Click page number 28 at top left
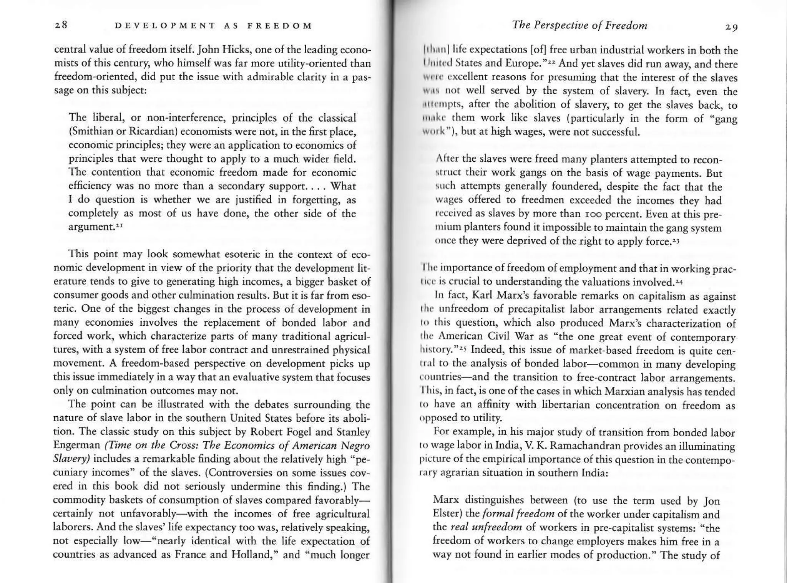coord(61,25)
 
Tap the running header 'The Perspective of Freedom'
coord(579,26)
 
